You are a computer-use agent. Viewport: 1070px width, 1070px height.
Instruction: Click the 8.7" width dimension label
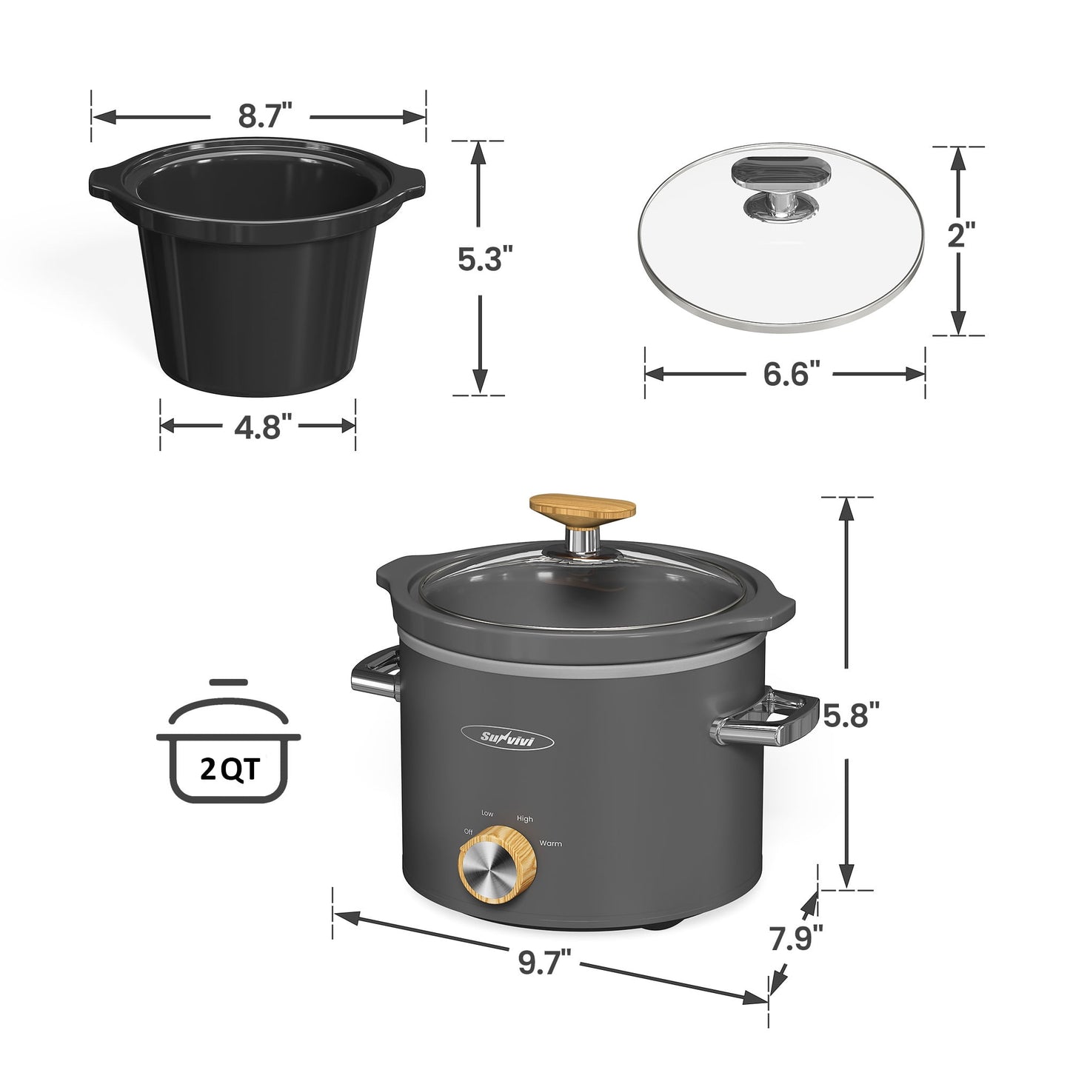pos(259,116)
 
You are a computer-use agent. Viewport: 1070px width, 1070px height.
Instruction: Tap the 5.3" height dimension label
pos(484,261)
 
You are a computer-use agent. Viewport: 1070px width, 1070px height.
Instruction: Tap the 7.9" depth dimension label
pos(796,939)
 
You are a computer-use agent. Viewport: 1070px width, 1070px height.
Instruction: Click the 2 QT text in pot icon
pos(229,770)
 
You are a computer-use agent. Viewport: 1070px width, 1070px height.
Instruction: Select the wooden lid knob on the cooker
pos(583,509)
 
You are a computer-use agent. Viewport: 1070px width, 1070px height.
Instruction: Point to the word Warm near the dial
pos(550,843)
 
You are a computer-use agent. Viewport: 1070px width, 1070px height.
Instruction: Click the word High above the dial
pos(525,819)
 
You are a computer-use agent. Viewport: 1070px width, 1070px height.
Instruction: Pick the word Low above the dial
pos(486,813)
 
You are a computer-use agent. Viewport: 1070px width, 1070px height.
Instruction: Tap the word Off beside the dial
pos(468,832)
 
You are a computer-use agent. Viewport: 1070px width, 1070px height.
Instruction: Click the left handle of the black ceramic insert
pos(102,181)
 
